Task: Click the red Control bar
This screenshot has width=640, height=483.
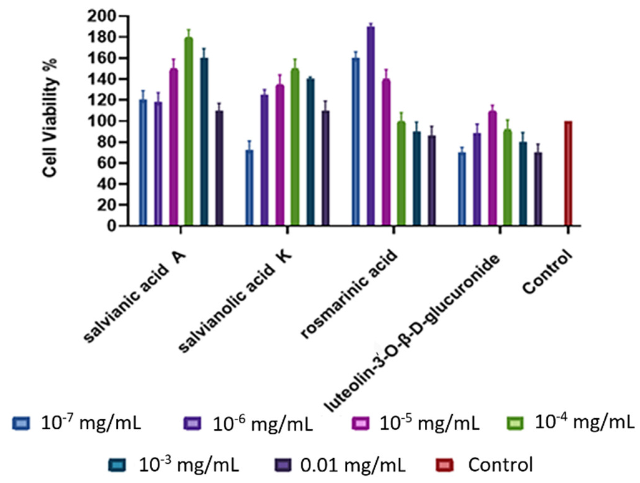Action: click(x=568, y=173)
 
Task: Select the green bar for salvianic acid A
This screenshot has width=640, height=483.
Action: click(x=188, y=131)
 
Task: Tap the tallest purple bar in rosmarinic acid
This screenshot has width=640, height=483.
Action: click(x=371, y=125)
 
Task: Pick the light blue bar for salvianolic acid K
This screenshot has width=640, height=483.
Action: click(x=249, y=187)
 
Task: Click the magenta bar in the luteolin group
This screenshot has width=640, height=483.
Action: click(x=492, y=169)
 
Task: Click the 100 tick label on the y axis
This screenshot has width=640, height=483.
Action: click(x=102, y=121)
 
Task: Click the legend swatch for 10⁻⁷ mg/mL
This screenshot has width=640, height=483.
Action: click(x=21, y=423)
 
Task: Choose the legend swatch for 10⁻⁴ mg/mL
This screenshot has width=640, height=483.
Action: click(x=515, y=423)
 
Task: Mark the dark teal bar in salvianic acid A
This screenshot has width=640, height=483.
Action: click(x=204, y=140)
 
